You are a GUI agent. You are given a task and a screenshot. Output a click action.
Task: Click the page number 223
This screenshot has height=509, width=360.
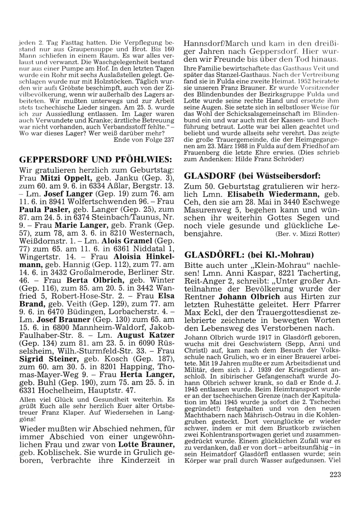click(334, 474)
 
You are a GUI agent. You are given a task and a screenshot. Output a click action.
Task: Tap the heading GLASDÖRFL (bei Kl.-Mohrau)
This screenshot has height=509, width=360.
click(249, 255)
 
